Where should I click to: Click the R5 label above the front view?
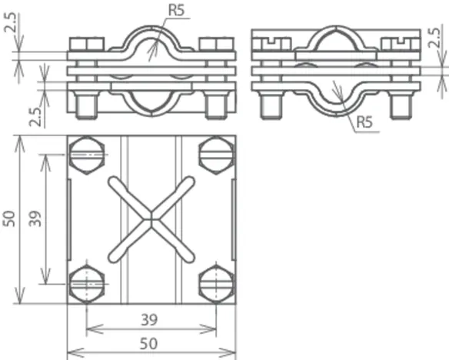(x=176, y=10)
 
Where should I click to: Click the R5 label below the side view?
(x=364, y=122)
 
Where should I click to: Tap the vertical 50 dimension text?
(x=9, y=218)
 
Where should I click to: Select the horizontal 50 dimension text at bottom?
(x=148, y=344)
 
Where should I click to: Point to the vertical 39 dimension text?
(x=35, y=218)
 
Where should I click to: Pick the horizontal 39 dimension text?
(x=149, y=320)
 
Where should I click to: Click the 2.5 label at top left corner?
(x=12, y=22)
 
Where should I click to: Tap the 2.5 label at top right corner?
(x=434, y=38)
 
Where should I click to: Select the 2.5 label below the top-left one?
(x=37, y=117)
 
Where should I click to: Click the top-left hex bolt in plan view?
(x=87, y=155)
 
